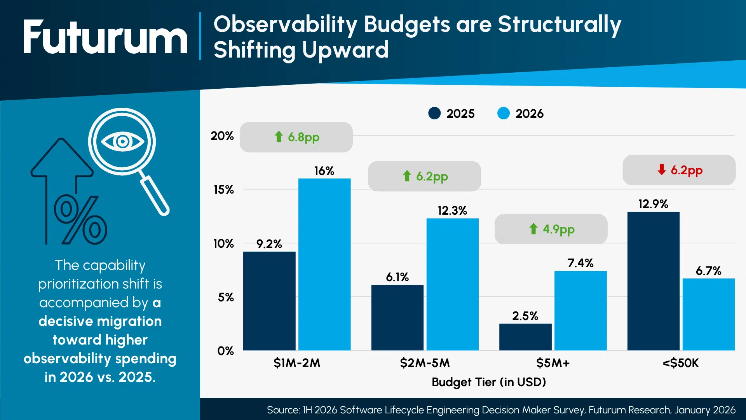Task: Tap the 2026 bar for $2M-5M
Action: [452, 284]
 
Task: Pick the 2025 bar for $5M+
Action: [525, 337]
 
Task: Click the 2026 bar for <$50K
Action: [708, 314]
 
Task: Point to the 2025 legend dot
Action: [434, 113]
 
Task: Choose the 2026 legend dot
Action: [503, 113]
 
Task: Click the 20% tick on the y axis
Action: [222, 136]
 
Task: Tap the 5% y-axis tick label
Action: [225, 297]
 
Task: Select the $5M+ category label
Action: [553, 363]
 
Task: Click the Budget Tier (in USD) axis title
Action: [488, 382]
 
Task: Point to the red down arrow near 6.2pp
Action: [661, 170]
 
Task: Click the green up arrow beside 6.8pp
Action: [279, 136]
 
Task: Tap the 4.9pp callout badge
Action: [551, 229]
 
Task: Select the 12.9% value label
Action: [653, 204]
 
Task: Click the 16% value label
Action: [324, 171]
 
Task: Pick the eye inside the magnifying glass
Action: [122, 141]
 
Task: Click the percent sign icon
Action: [80, 220]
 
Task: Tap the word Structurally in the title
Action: [559, 25]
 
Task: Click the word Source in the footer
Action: [283, 410]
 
